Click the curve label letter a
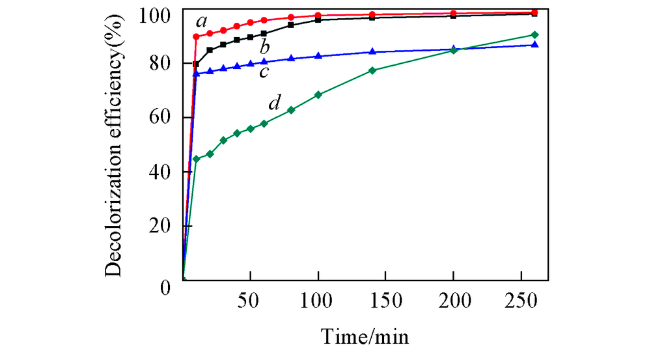[x=201, y=27]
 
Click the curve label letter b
[x=264, y=47]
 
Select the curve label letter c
[x=264, y=71]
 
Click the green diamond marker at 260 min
[x=534, y=35]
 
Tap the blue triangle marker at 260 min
[x=534, y=44]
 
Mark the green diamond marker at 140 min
[x=372, y=70]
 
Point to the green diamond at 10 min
[x=196, y=159]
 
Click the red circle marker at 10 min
[x=196, y=36]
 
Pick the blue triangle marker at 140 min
[x=372, y=51]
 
